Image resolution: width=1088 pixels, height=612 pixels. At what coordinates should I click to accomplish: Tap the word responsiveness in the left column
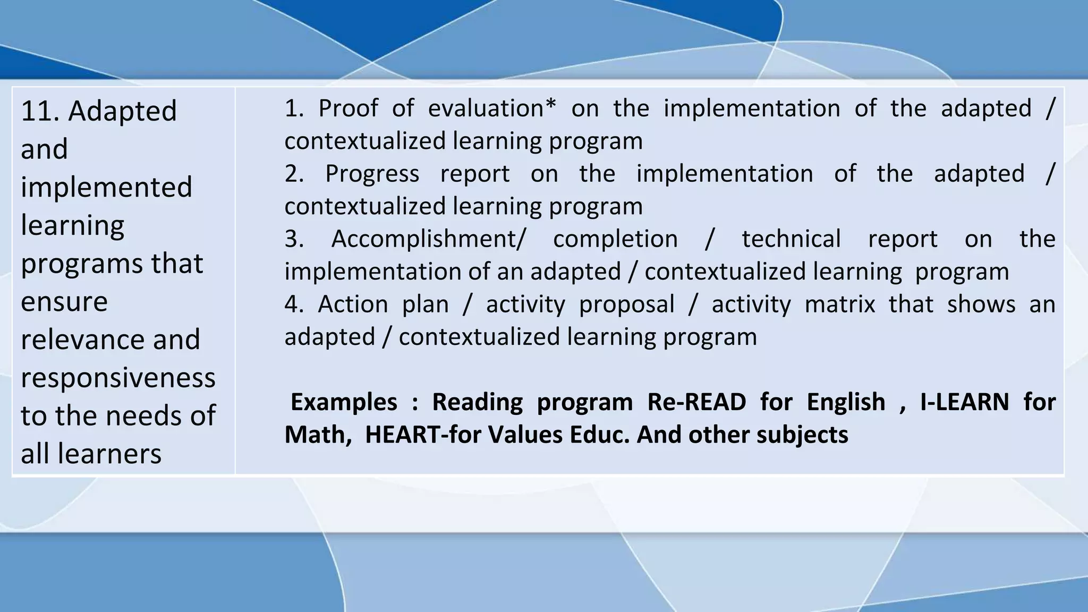coord(118,378)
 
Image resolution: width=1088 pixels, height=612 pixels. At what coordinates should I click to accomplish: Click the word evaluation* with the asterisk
coord(492,108)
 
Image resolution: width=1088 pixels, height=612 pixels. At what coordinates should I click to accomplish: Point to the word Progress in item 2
coord(372,174)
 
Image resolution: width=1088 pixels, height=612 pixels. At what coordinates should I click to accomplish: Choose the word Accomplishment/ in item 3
coord(428,239)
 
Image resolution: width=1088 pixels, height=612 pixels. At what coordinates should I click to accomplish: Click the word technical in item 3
coord(791,239)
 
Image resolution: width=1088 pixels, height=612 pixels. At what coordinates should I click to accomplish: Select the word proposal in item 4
coord(626,305)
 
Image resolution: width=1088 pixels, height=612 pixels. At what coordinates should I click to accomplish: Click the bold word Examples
coord(344,402)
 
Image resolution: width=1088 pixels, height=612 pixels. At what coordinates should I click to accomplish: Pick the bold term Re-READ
coord(696,402)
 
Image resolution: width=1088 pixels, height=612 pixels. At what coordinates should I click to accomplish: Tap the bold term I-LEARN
coord(964,402)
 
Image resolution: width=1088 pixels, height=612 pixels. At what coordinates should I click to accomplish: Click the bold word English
coord(846,402)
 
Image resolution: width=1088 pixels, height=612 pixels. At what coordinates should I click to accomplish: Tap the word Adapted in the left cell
coord(122,111)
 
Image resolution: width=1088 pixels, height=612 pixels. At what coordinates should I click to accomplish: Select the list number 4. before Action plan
coord(294,304)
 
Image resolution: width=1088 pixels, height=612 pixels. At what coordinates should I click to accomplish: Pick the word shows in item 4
coord(981,304)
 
